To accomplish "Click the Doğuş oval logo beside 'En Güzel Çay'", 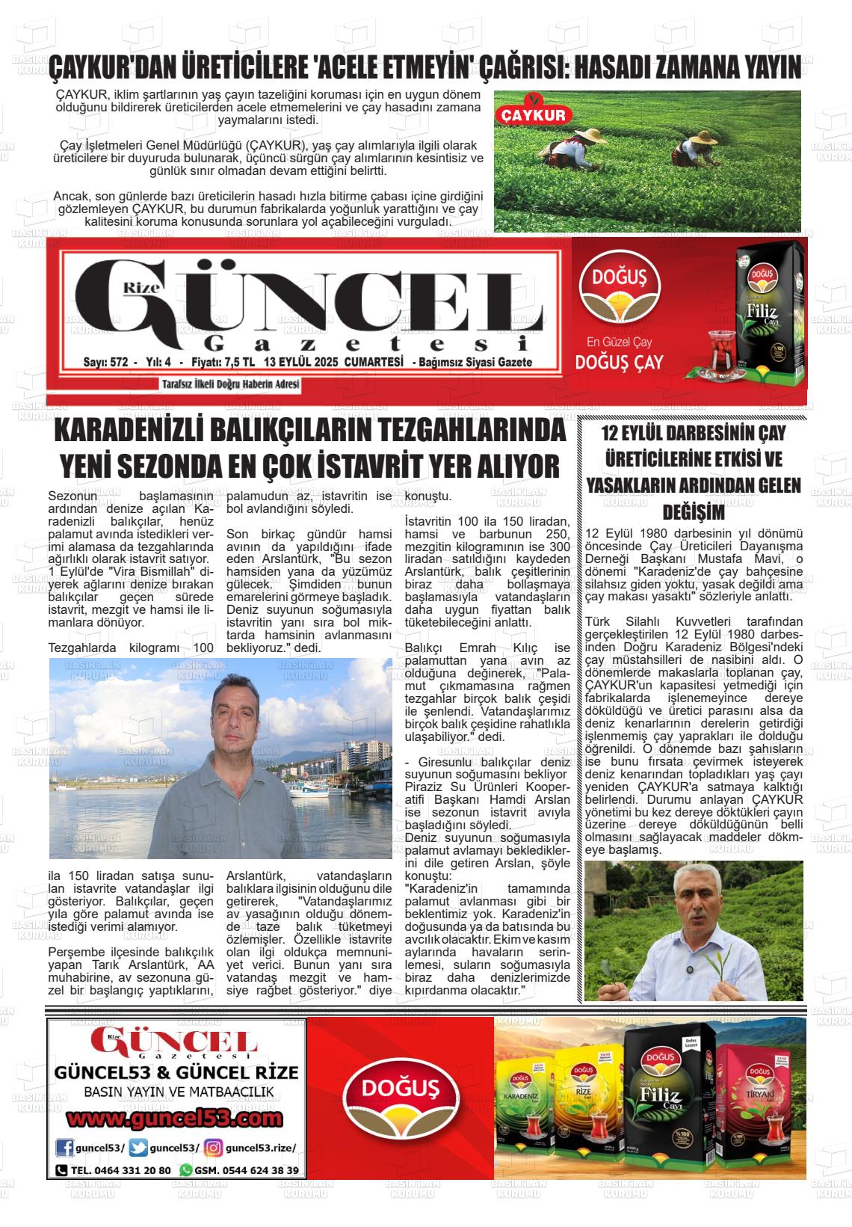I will [620, 282].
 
